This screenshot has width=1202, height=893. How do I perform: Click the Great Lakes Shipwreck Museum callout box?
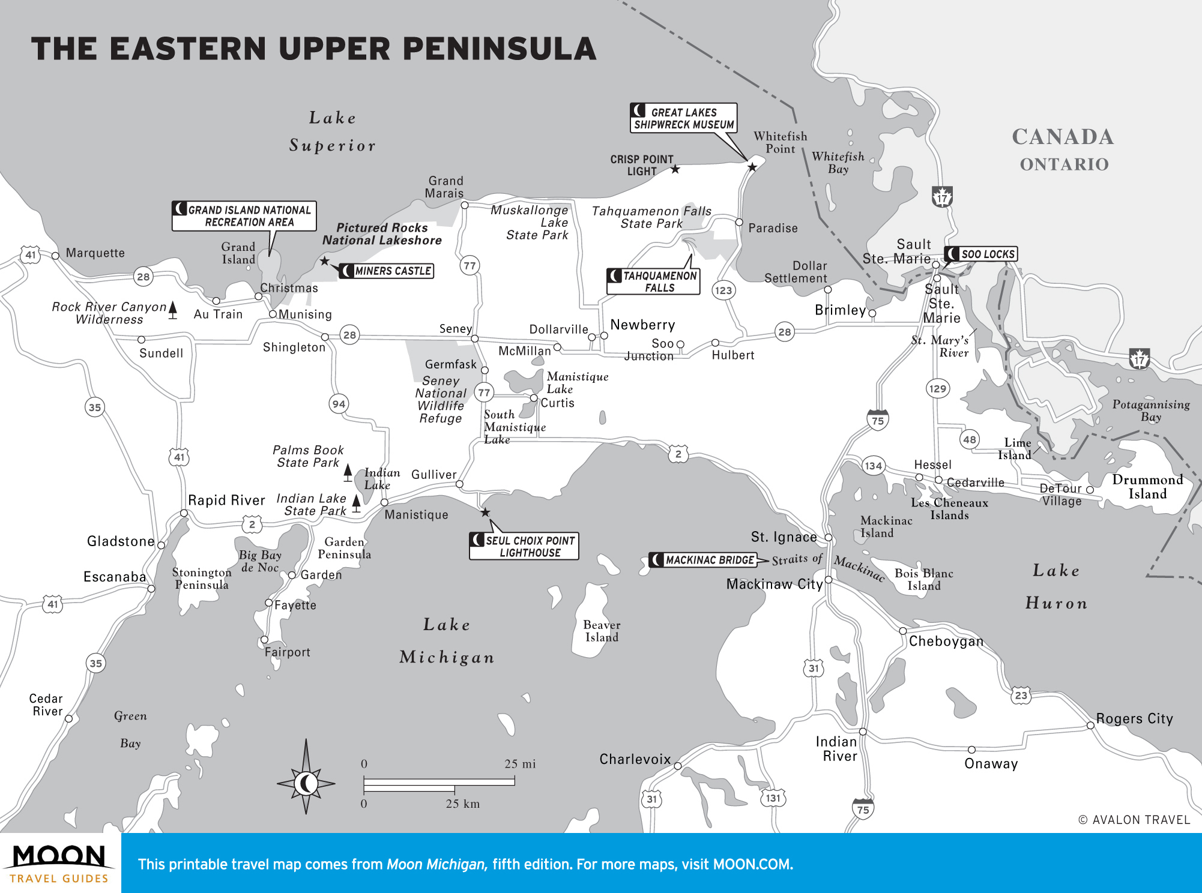[683, 118]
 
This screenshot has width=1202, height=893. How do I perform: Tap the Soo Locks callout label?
[981, 254]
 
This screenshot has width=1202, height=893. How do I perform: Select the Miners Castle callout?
[387, 271]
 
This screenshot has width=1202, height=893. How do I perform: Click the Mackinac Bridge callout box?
[703, 560]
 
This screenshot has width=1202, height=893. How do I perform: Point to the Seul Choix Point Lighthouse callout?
[524, 546]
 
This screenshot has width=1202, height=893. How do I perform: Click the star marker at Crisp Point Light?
[675, 169]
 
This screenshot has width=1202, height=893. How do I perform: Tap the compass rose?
[306, 783]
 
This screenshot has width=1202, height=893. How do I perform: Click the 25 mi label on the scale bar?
[520, 764]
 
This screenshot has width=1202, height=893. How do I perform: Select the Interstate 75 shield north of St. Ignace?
[878, 420]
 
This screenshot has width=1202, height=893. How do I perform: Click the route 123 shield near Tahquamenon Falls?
[723, 290]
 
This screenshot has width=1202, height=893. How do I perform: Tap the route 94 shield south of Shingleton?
[339, 404]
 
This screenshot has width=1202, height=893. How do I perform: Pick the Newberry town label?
[642, 325]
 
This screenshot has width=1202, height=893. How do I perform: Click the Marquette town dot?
[55, 256]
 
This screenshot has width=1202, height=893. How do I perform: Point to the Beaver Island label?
[602, 631]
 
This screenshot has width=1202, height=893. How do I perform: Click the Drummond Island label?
[1147, 487]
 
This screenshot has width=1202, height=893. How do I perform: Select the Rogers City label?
[1134, 718]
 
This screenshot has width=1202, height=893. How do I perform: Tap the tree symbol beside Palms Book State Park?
[348, 473]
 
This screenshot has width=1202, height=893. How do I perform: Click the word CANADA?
[1063, 137]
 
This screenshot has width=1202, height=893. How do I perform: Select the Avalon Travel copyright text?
[1134, 820]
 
